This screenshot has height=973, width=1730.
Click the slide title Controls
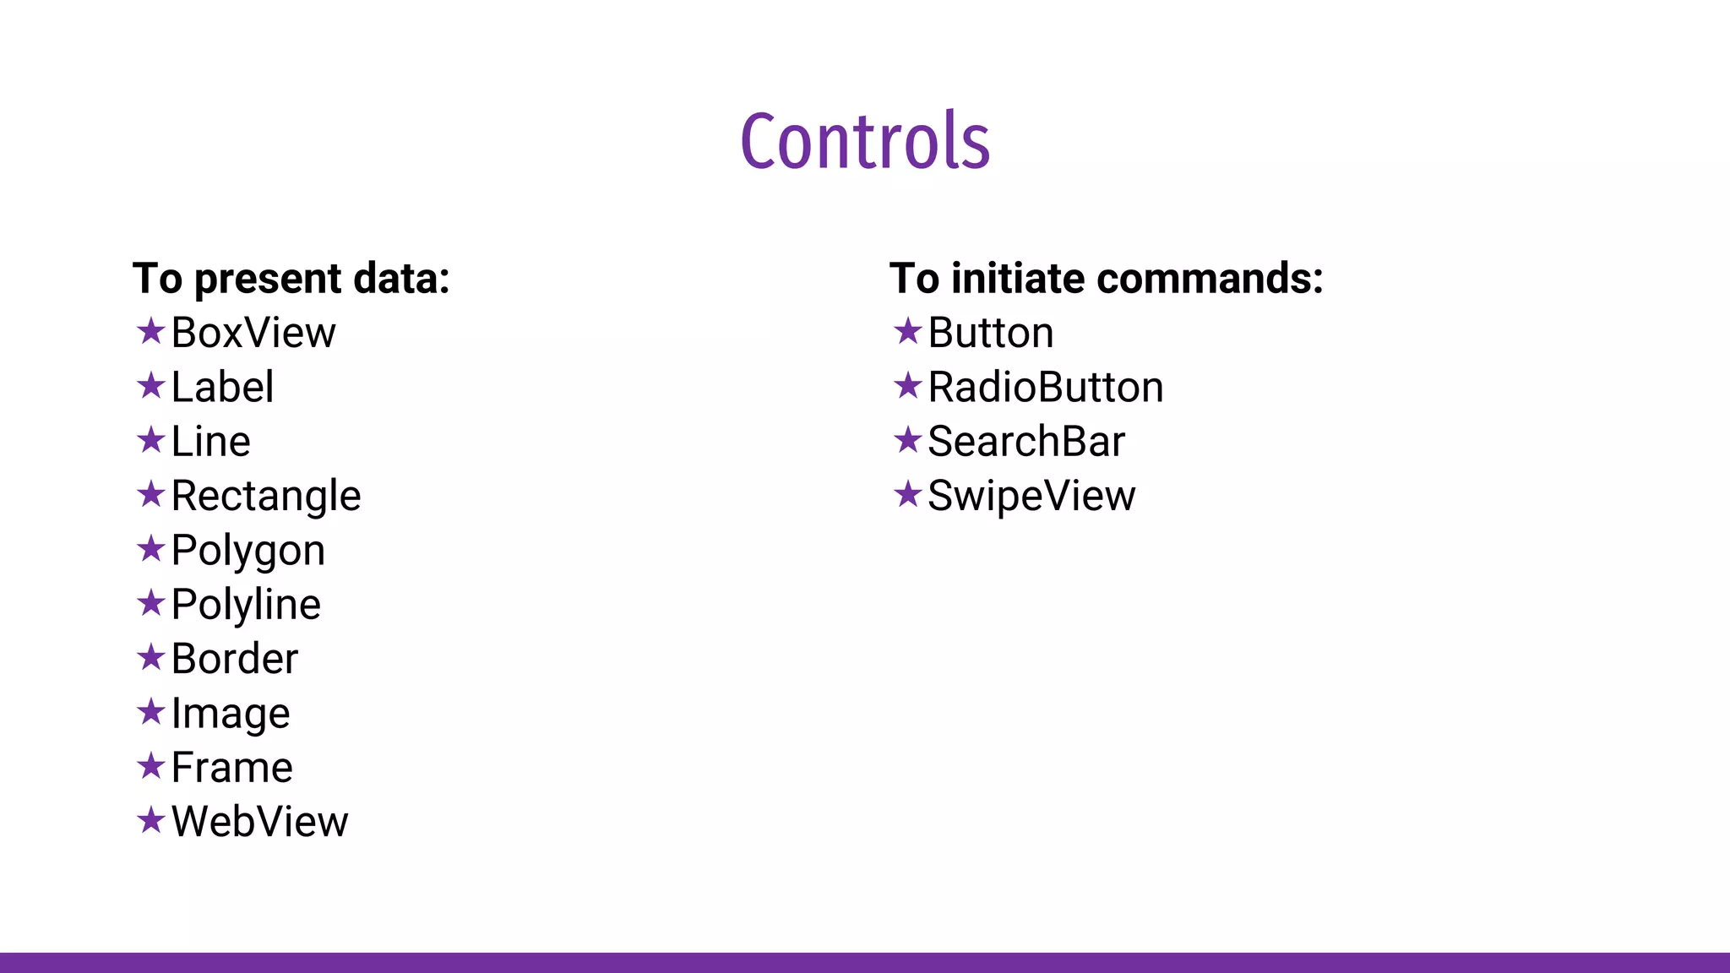point(865,141)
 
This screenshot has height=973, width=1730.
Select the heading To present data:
point(291,279)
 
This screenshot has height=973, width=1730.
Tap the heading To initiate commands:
point(1106,279)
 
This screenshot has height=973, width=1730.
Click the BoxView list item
point(253,333)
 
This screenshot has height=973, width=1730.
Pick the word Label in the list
point(222,388)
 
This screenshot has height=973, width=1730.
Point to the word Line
point(210,442)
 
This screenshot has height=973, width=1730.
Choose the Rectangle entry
point(266,496)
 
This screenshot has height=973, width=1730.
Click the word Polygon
point(248,551)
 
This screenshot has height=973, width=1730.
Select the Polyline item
point(246,605)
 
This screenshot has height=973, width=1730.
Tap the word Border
point(235,659)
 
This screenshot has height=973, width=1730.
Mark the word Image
point(231,714)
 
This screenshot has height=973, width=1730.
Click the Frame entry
point(232,768)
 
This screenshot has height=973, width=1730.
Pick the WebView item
point(259,822)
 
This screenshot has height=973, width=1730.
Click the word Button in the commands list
point(991,333)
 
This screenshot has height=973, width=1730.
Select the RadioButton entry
point(1046,388)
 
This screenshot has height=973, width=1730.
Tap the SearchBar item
point(1026,442)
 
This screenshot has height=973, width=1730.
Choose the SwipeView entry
point(1031,496)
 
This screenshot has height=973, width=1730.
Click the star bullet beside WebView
point(150,820)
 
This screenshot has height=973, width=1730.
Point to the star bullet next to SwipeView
point(907,494)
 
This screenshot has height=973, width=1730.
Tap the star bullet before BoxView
point(150,331)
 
